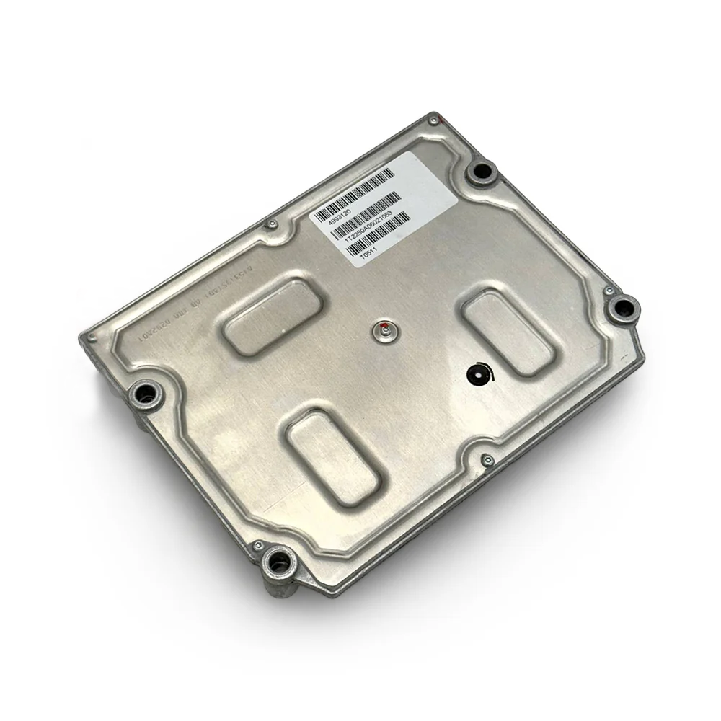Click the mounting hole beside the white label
pyautogui.click(x=481, y=173)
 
